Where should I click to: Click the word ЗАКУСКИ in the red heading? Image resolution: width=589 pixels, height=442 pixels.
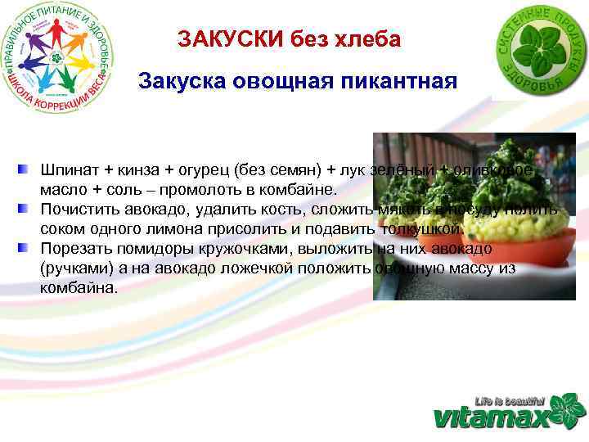click(220, 40)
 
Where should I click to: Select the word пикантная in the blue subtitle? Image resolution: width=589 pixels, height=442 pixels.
click(401, 83)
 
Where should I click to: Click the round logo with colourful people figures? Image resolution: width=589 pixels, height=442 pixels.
click(60, 57)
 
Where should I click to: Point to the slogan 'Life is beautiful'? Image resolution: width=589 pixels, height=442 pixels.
click(510, 400)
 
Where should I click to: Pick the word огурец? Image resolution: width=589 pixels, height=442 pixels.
click(203, 169)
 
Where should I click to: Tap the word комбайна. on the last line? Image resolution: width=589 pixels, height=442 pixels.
click(79, 288)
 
